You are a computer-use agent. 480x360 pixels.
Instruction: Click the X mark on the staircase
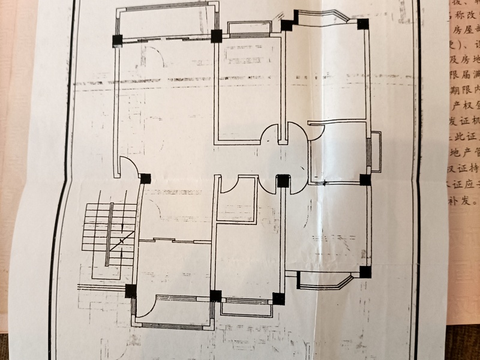tap(122, 241)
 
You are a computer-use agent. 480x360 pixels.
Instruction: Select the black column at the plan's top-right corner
tap(363, 25)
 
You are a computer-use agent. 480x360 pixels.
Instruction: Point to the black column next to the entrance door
tap(145, 178)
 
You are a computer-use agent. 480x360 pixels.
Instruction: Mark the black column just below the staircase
tap(130, 291)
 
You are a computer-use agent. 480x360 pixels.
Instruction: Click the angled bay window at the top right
tap(325, 18)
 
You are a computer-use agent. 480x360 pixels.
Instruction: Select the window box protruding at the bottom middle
tap(247, 307)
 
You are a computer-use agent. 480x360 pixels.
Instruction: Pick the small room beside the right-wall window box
tap(338, 153)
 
